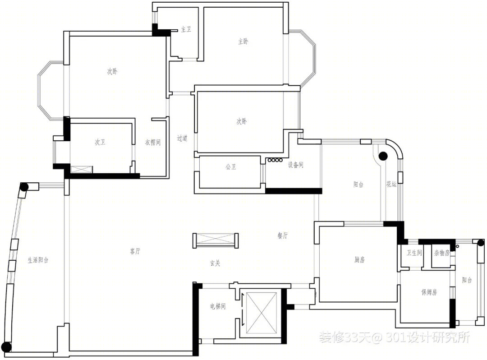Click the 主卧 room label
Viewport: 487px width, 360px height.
(x=243, y=42)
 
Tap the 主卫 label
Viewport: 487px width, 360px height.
(x=186, y=29)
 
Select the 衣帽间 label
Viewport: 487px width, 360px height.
(x=153, y=142)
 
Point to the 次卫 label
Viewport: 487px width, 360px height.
(x=100, y=142)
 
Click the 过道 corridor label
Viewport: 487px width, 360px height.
(x=182, y=138)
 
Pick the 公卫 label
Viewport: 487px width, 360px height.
(x=231, y=167)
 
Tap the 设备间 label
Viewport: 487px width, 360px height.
(x=295, y=165)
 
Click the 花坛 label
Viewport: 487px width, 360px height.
(x=391, y=184)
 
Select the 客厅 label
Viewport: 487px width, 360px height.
(x=135, y=251)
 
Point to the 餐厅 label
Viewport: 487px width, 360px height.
(x=283, y=236)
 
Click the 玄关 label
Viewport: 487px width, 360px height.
(x=215, y=263)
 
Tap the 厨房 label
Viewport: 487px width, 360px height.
(x=359, y=259)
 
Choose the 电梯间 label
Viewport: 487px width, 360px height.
(x=218, y=306)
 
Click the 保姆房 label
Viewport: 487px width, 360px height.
(x=429, y=292)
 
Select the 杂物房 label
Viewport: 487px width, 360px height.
(x=441, y=253)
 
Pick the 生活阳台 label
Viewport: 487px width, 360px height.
(x=38, y=260)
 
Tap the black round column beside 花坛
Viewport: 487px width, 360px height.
(x=383, y=156)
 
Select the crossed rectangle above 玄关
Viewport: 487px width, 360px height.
(x=216, y=240)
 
